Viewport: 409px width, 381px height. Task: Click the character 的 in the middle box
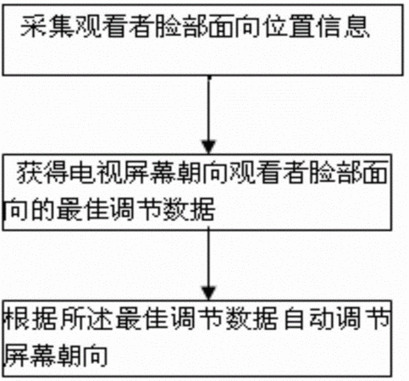[42, 209]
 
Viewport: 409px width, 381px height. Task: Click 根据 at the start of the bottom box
[30, 318]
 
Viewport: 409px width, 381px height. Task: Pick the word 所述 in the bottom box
[86, 318]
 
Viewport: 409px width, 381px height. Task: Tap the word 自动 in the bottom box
[308, 318]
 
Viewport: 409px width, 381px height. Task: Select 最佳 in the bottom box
[141, 318]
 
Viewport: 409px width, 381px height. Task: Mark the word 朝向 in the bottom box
[82, 355]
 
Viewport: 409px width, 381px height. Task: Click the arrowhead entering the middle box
[208, 146]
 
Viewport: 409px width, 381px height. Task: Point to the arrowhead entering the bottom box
[208, 293]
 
